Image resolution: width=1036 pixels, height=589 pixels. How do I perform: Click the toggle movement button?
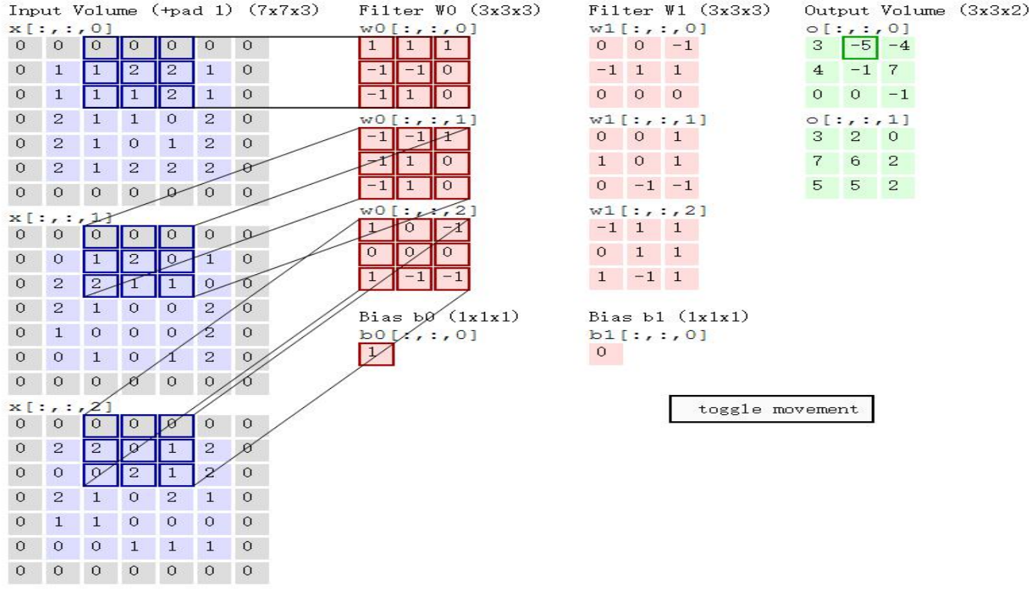771,410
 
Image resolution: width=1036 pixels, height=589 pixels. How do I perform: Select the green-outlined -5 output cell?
860,47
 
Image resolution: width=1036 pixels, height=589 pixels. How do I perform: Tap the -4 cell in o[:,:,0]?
897,47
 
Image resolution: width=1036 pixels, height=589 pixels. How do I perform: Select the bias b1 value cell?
605,353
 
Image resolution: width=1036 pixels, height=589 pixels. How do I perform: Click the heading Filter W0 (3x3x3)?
449,11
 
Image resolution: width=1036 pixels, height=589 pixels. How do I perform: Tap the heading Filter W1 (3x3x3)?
679,11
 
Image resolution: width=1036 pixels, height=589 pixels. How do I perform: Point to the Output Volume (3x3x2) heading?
917,11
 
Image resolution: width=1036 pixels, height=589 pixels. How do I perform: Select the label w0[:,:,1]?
418,119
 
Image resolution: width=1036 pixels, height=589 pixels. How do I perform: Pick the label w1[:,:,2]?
647,210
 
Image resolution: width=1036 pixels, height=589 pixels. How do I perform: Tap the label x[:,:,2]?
60,406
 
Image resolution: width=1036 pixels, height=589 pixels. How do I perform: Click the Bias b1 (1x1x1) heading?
669,316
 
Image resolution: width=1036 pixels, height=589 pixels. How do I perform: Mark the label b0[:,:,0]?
418,335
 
